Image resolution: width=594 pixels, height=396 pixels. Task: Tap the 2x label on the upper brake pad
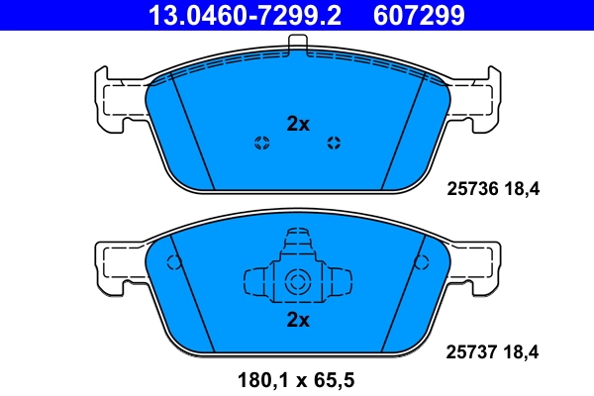point(298,124)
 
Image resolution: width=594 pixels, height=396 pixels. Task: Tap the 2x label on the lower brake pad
point(298,320)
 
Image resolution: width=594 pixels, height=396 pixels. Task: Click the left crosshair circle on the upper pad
point(262,143)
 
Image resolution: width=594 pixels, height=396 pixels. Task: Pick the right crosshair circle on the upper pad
point(334,143)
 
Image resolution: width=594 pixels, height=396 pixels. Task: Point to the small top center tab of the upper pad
point(298,42)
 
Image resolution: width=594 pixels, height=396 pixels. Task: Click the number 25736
point(471,185)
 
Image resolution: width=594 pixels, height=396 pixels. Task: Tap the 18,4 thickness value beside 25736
point(525,185)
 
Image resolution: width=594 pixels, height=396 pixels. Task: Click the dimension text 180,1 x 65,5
point(297,379)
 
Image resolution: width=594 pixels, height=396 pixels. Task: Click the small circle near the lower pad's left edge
point(174,263)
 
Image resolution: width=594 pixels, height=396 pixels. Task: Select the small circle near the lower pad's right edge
point(422,263)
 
